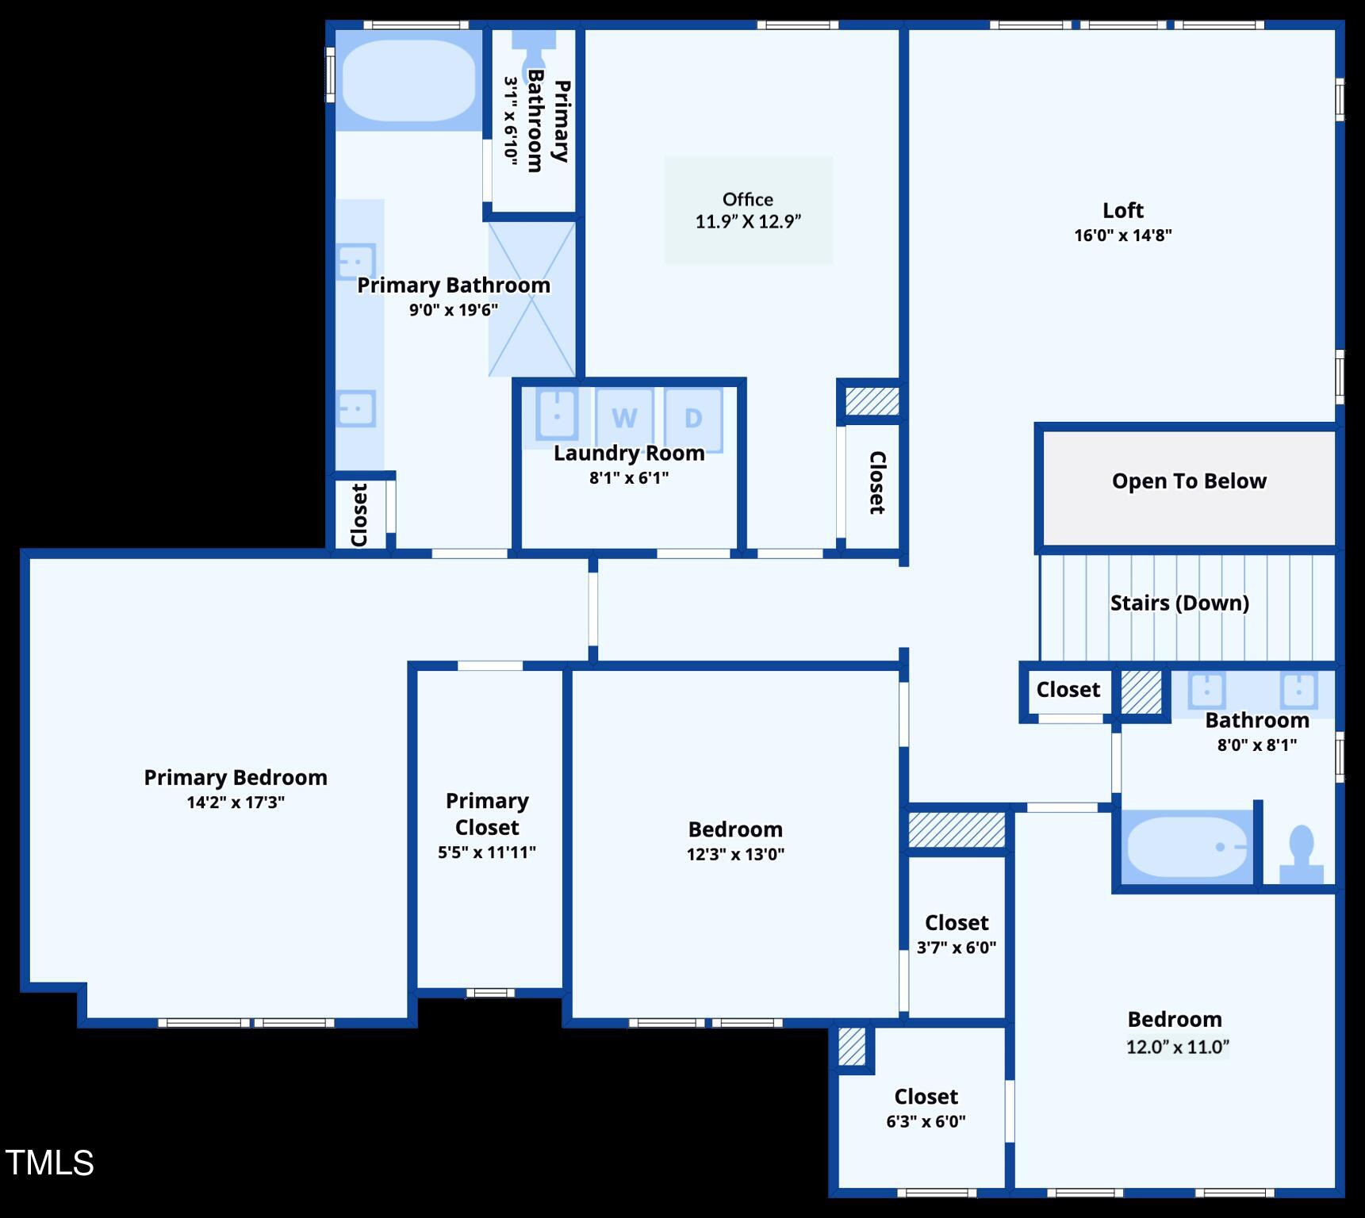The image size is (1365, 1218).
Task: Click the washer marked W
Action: [624, 417]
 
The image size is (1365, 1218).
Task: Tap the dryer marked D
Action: [693, 417]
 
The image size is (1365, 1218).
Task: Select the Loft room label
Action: [1122, 211]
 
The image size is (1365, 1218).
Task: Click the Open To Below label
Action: [1188, 481]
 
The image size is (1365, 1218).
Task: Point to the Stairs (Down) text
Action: [1179, 603]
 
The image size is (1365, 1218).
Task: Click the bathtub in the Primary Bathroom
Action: [408, 80]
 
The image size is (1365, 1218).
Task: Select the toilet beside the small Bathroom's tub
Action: [1301, 855]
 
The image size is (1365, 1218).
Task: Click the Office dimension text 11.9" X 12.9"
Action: [748, 222]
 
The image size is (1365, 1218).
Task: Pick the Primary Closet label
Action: [486, 814]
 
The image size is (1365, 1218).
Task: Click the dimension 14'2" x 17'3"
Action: [236, 802]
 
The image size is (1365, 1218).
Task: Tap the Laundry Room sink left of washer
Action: [557, 413]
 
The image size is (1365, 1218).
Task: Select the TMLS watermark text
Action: [50, 1162]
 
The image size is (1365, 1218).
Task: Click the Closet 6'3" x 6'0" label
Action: [926, 1097]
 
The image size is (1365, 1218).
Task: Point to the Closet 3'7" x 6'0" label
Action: [956, 923]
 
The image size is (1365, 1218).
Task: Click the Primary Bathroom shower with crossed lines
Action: [531, 299]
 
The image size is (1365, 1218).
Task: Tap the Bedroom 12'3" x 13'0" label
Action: [735, 829]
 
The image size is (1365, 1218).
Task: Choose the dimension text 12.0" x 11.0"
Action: [1177, 1047]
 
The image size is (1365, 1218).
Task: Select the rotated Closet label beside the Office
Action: [876, 482]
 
